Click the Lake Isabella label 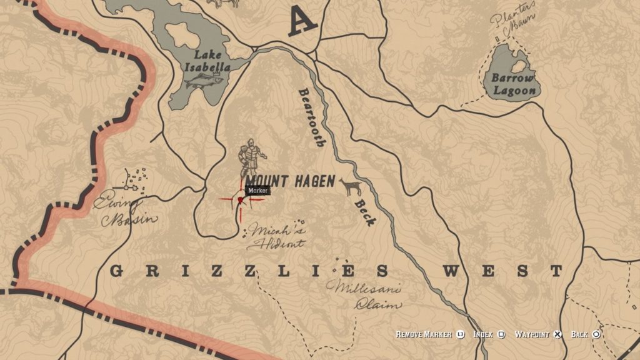coord(211,60)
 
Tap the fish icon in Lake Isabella coord(204,80)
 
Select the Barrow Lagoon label coord(513,84)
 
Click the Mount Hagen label coord(286,182)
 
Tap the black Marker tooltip coord(257,191)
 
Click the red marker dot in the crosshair coord(240,200)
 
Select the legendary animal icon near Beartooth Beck coord(351,186)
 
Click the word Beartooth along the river coord(311,116)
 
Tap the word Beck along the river coord(365,212)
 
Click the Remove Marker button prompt coord(431,334)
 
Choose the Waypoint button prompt coord(538,334)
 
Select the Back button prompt coord(586,334)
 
